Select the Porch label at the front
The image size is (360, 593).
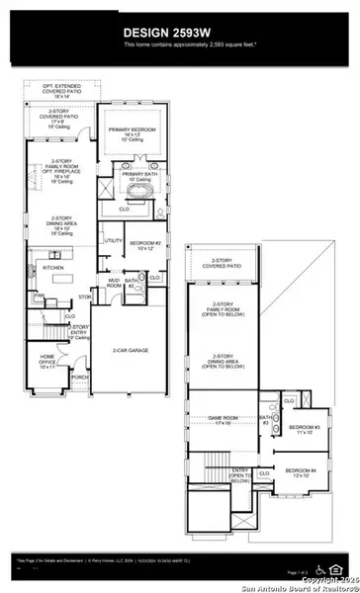[80, 377]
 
